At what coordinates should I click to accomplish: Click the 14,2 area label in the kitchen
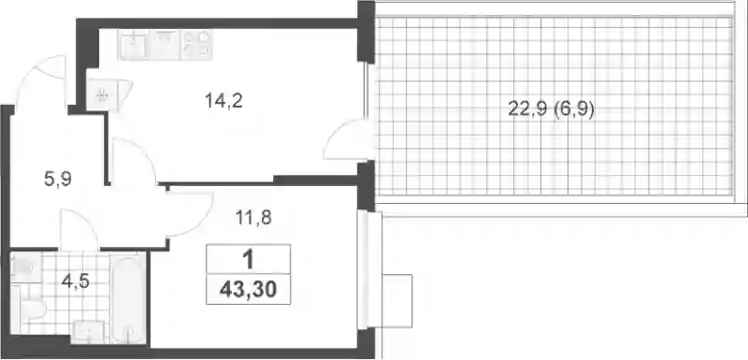223,101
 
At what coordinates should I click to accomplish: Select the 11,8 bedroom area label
252,218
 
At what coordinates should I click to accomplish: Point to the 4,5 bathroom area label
76,281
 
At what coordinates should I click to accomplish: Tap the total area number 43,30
248,289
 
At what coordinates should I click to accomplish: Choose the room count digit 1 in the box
248,260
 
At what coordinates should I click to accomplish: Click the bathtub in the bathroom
128,299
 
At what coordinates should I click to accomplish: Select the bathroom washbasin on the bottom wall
88,332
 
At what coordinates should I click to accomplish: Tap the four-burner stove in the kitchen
197,44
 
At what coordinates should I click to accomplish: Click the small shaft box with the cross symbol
102,95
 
